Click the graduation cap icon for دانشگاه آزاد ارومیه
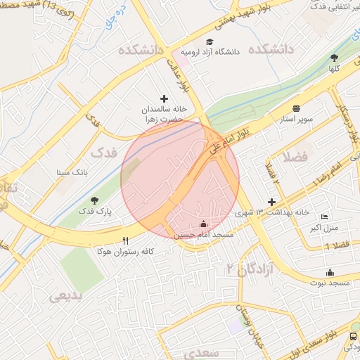[x=209, y=41]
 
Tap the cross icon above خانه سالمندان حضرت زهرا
[x=165, y=99]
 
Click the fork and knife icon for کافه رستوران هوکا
[x=125, y=240]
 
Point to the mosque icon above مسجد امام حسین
[x=205, y=223]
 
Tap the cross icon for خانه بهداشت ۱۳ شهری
[x=271, y=202]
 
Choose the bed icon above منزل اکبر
[x=324, y=217]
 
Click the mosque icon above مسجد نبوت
[x=330, y=272]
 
